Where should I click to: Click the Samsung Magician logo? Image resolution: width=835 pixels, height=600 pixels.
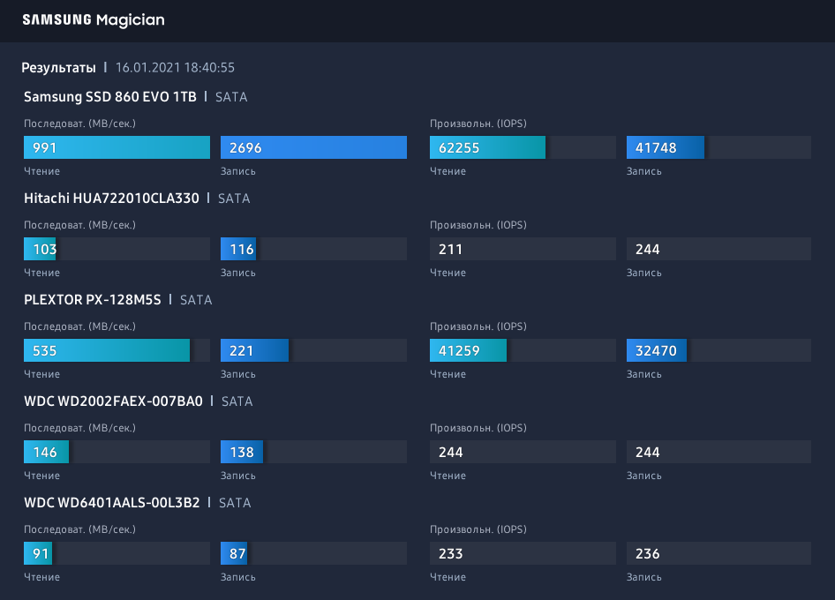pos(94,19)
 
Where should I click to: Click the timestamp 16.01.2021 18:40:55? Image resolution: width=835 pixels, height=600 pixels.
pos(175,68)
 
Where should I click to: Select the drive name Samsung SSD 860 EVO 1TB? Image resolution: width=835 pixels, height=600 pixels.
pos(110,97)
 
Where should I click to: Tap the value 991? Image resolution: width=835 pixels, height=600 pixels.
pos(45,147)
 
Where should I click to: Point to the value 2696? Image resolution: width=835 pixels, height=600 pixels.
pos(245,147)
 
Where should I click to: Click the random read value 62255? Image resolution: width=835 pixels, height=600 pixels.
pos(459,147)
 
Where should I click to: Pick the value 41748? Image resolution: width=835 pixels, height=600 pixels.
pos(656,147)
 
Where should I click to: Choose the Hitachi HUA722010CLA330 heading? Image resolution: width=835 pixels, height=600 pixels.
pos(111,199)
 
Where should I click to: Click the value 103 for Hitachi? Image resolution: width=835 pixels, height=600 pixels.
pos(45,249)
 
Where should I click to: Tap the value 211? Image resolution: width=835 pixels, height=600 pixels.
pos(451,249)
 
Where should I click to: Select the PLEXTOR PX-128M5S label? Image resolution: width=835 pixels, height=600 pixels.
pos(93,300)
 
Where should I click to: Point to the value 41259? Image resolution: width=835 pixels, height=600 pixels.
pos(459,350)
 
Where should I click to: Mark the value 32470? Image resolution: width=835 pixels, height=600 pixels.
pos(656,350)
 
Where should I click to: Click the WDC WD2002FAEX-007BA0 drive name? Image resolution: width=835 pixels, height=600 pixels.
pos(113,401)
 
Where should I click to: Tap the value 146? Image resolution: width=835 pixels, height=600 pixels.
pos(45,452)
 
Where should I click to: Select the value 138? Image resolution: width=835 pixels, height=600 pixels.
pos(242,452)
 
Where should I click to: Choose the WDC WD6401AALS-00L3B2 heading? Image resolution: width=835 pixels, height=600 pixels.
pos(112,503)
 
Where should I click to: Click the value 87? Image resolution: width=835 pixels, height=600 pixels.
pos(237,553)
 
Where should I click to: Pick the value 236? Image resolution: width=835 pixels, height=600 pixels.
pos(648,553)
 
